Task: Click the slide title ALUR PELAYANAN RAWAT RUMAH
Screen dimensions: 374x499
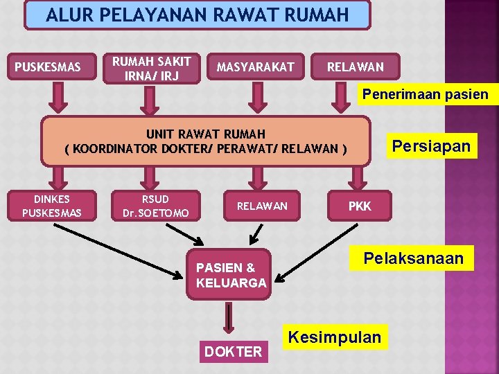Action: pos(197,15)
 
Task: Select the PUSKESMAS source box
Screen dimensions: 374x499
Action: pos(48,67)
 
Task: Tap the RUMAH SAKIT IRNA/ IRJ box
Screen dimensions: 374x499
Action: pos(151,68)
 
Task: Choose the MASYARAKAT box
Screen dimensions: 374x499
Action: pos(255,67)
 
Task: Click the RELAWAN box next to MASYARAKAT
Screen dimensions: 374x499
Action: pos(355,67)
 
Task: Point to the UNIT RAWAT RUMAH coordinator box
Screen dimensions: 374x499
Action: pos(206,141)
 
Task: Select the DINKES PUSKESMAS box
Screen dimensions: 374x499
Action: pos(51,206)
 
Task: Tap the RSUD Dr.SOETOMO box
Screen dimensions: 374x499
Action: pos(155,206)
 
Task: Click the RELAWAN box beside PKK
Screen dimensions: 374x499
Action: pos(262,206)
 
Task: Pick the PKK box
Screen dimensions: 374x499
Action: pos(360,206)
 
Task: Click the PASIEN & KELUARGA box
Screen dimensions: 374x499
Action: pos(231,275)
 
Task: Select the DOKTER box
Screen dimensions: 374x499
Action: pos(233,352)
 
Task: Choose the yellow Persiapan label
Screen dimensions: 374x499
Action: pos(431,147)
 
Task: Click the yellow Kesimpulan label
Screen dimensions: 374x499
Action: pos(335,337)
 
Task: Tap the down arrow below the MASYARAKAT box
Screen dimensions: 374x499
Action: pos(259,98)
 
